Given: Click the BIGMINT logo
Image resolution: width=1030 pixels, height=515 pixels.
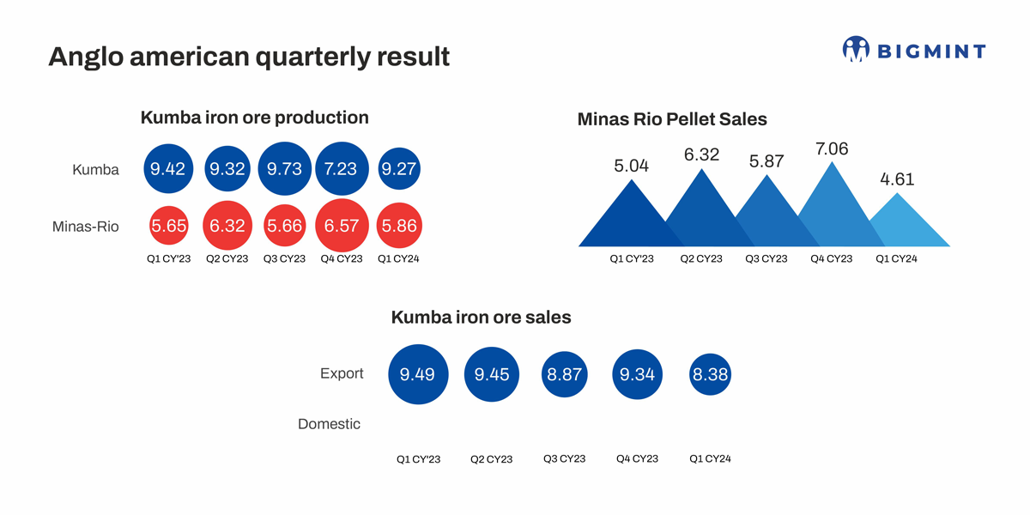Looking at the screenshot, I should coord(914,50).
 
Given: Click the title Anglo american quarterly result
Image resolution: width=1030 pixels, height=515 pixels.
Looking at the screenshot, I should coord(249,57).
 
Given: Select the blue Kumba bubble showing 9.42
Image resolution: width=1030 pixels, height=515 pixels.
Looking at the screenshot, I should coord(167,169).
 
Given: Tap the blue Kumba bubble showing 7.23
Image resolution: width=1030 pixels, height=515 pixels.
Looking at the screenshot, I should coord(342,169).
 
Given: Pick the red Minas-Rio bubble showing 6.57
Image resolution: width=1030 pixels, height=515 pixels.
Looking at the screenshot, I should coord(342,227).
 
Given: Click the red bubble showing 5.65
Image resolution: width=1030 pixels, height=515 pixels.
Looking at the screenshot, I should coord(167,227).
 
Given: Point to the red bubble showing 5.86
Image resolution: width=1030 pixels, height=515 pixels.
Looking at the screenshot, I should coord(398,227).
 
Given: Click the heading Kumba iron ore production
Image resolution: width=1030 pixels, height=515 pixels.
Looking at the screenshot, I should coord(254,118).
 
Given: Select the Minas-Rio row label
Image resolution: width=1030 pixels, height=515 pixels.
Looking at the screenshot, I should coord(86,227).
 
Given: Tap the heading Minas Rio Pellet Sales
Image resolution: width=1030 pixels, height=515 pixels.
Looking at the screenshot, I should coord(672,119).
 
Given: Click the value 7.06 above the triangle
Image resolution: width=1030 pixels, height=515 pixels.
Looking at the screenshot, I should coord(831,149).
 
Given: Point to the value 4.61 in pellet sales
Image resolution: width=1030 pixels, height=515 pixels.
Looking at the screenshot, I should coord(897,179).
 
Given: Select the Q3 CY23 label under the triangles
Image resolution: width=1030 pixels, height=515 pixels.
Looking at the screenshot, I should coord(766,258).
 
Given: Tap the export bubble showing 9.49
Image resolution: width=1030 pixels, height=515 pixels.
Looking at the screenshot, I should coord(418,373).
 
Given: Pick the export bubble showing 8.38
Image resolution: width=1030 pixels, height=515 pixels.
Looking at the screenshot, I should coord(710,373).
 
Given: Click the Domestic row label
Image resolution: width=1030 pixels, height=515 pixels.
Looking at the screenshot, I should coord(329,424).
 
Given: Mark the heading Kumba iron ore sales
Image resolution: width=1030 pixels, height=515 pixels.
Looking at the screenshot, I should coord(481,318).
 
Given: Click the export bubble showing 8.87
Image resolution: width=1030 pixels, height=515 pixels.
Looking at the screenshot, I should coord(565,373).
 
